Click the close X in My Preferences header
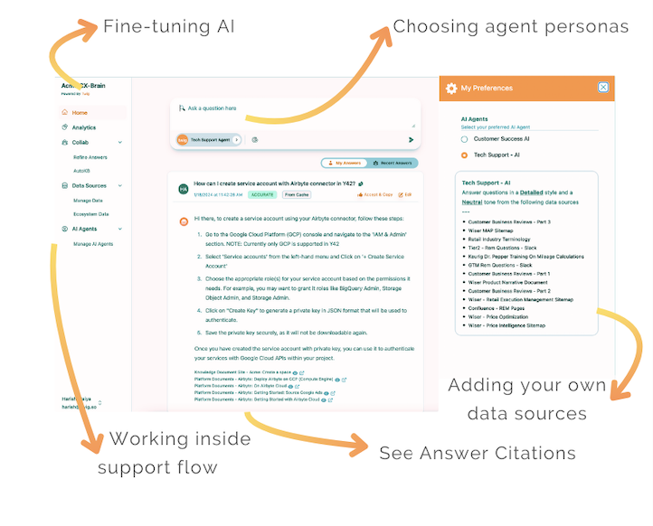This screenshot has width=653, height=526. (603, 88)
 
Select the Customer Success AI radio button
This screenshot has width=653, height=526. (465, 139)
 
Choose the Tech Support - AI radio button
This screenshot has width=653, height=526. (465, 155)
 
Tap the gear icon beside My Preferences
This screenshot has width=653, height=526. (451, 89)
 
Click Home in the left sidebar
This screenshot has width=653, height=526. (80, 113)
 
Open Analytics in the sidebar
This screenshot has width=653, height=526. (83, 127)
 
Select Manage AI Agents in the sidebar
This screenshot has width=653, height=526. (93, 244)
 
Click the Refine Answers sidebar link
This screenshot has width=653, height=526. (90, 156)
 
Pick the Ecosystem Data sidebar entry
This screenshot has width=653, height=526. (91, 214)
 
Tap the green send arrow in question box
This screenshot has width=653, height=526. (411, 140)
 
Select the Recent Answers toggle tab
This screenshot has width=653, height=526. (392, 164)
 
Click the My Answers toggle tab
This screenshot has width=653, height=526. (347, 164)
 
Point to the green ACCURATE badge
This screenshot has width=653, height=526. (263, 194)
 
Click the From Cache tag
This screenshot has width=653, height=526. (296, 194)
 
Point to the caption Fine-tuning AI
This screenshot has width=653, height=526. (169, 26)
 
